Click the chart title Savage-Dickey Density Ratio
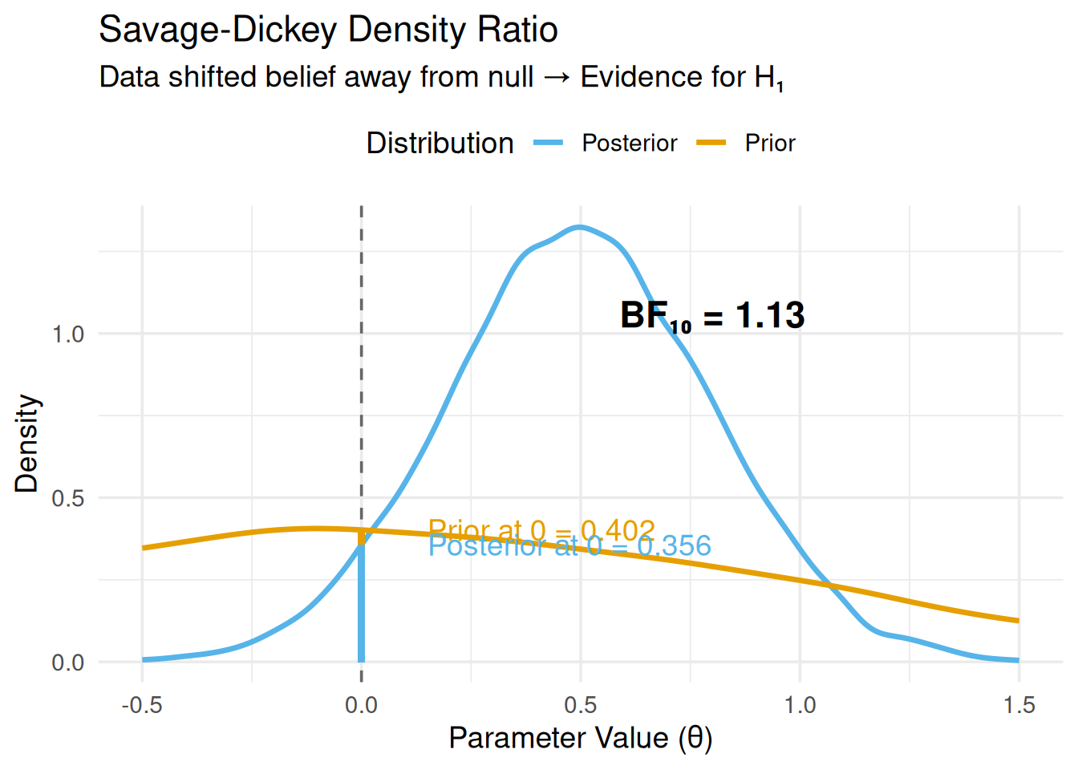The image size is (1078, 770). click(328, 30)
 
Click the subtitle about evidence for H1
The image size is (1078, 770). click(441, 78)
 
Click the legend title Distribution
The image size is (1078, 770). click(440, 144)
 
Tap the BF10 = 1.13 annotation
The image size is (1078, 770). click(712, 315)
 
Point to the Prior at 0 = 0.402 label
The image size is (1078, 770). click(541, 530)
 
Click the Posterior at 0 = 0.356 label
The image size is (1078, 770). click(569, 546)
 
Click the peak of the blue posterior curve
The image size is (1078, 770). click(579, 227)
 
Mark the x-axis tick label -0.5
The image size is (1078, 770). click(142, 705)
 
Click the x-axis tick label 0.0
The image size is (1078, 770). click(361, 705)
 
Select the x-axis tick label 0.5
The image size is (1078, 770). click(580, 705)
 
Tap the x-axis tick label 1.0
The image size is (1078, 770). click(800, 705)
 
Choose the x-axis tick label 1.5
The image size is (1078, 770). click(1019, 705)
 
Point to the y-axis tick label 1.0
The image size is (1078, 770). click(68, 334)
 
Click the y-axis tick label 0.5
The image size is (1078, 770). click(68, 498)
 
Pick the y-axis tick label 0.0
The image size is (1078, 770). click(68, 663)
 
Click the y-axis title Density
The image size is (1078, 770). click(26, 443)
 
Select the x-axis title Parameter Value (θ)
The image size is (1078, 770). click(580, 738)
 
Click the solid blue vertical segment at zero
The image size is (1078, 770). click(361, 610)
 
